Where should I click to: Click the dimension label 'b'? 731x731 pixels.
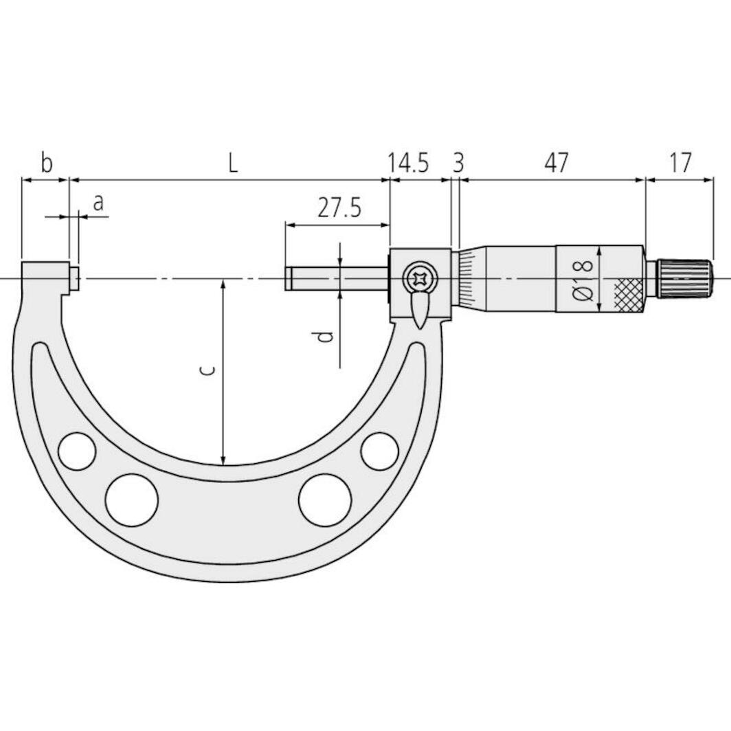45,164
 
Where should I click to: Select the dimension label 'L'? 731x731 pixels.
233,164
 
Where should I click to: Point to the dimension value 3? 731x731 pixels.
458,164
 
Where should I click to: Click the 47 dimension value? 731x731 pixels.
556,164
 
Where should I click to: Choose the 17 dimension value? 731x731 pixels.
679,164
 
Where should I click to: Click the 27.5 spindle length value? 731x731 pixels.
339,207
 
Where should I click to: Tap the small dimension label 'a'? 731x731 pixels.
98,203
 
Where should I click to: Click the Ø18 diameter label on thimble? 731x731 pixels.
583,278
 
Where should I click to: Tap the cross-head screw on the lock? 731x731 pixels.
418,279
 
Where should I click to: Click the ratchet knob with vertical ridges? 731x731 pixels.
684,278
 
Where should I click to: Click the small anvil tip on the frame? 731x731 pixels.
76,278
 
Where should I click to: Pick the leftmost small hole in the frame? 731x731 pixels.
77,451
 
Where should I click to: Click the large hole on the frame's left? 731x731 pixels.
132,499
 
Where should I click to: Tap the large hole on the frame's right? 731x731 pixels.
325,499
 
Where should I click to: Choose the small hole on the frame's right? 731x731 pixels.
379,451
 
